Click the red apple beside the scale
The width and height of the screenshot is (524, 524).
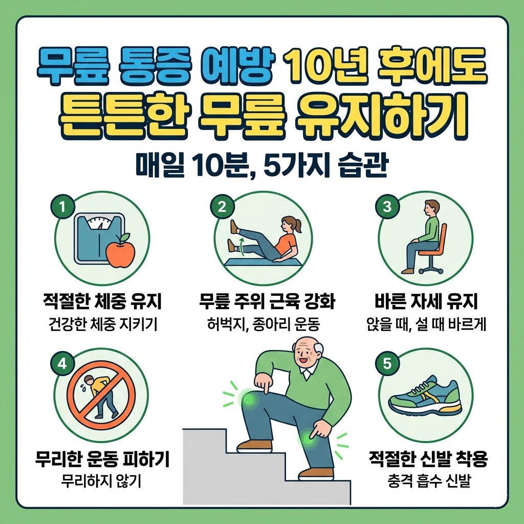[x=120, y=252]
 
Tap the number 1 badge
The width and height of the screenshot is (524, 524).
[x=62, y=207]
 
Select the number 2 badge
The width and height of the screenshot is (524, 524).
[x=222, y=207]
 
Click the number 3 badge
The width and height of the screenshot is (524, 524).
[x=387, y=207]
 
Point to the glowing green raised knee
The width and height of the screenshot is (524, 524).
[x=249, y=399]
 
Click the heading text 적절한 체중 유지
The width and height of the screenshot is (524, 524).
[x=102, y=302]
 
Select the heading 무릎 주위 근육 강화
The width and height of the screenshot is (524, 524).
[x=267, y=302]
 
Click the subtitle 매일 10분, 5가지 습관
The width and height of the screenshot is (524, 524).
[x=261, y=166]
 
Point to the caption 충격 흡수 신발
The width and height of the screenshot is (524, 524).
[x=428, y=482]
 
